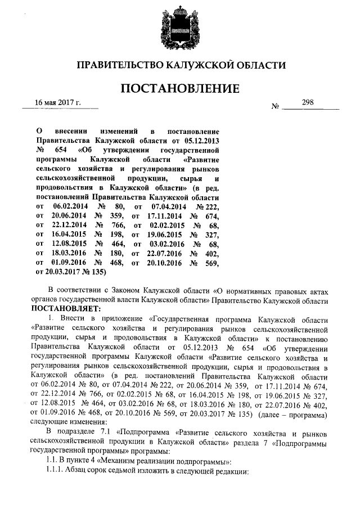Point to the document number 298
308,102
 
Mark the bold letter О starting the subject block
39,130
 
